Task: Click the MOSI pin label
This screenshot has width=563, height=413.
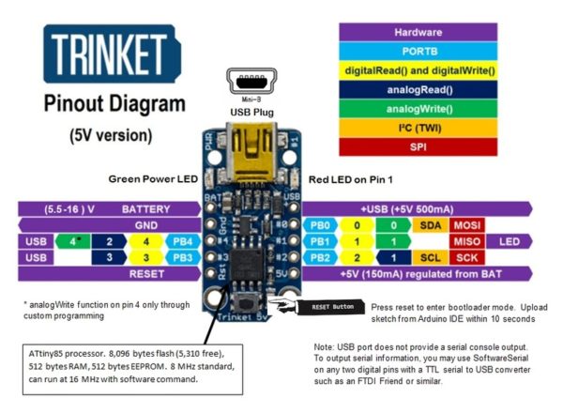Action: point(466,226)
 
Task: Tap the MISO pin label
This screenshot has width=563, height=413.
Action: point(466,242)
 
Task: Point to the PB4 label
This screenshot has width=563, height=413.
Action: point(182,242)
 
